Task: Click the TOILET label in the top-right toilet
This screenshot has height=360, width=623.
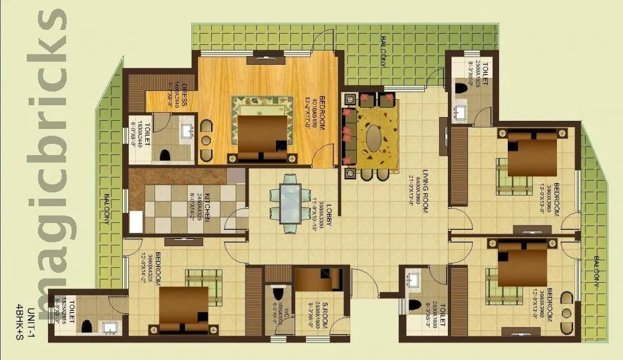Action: coord(484,70)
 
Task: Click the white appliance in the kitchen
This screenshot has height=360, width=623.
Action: coord(136,223)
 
